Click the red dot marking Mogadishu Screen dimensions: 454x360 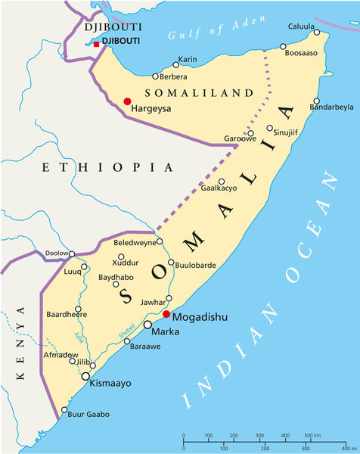tap(166, 315)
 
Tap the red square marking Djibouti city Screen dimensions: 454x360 tap(96, 45)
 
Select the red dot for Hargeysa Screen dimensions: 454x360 tap(127, 101)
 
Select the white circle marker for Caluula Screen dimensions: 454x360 tap(317, 33)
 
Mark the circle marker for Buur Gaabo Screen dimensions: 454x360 tap(62, 414)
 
